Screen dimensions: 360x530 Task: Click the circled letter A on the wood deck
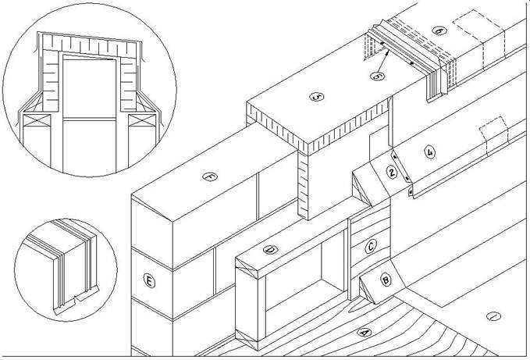361,331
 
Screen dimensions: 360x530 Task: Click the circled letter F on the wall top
208,177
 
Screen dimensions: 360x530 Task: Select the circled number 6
439,30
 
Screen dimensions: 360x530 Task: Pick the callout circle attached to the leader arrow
377,76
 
